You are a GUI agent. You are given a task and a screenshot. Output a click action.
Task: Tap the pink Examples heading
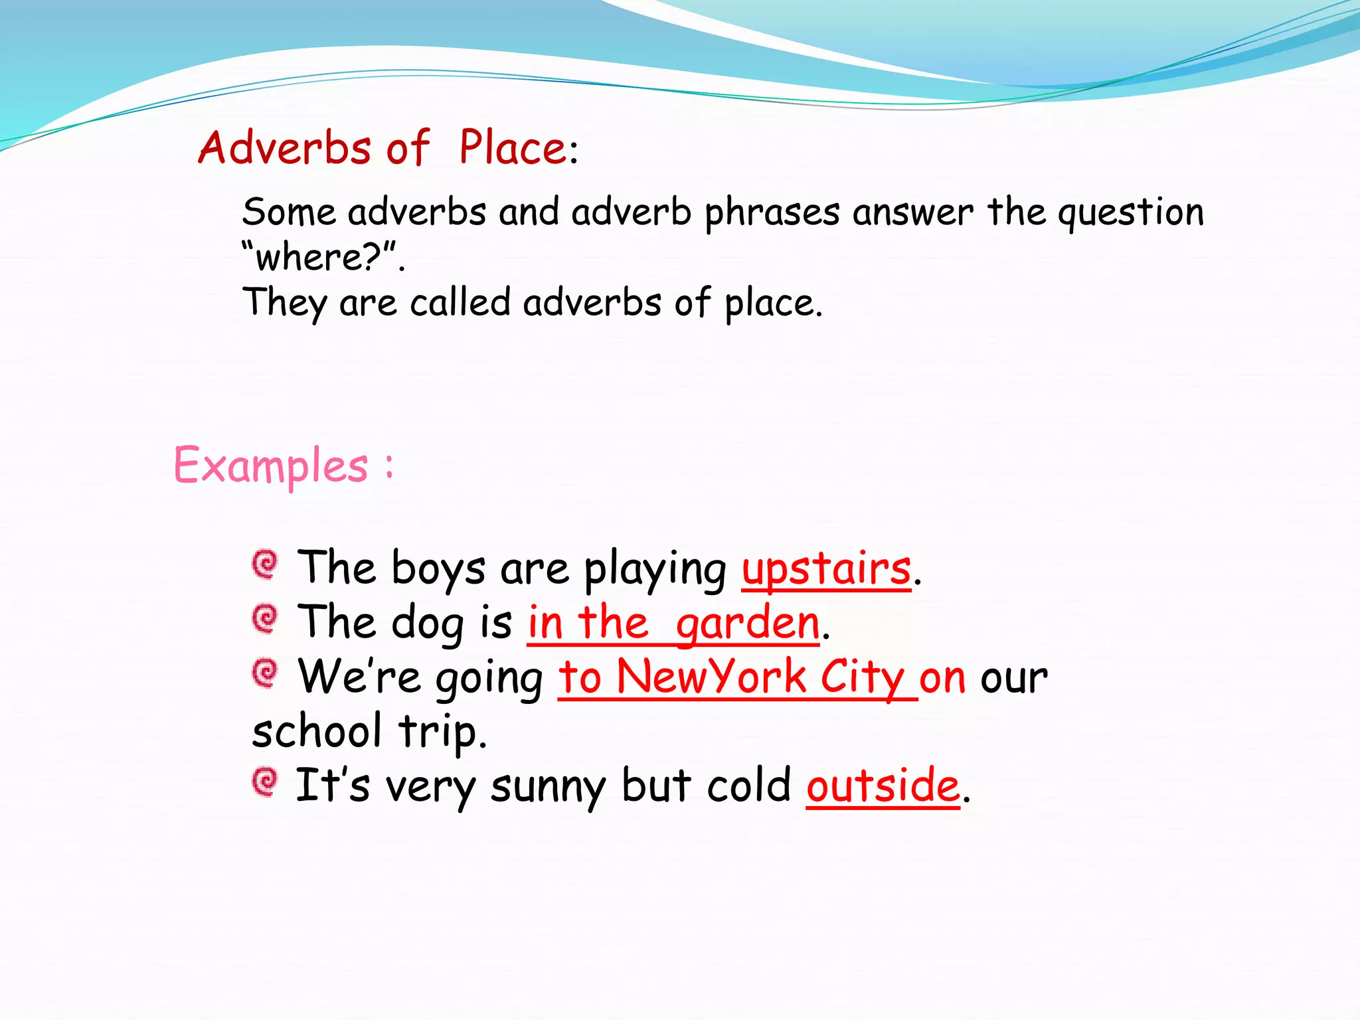click(270, 466)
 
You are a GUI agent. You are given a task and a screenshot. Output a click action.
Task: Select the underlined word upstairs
click(826, 570)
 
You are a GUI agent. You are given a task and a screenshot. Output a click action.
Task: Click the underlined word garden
click(747, 624)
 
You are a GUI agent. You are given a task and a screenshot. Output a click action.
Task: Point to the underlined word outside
click(883, 786)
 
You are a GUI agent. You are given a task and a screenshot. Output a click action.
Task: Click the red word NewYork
click(711, 677)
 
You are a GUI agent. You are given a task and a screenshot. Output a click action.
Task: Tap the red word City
click(861, 679)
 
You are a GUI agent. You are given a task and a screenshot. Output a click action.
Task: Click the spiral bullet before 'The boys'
click(265, 564)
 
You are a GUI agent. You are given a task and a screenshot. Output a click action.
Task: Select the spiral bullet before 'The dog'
click(265, 619)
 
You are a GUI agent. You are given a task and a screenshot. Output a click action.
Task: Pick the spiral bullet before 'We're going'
click(265, 673)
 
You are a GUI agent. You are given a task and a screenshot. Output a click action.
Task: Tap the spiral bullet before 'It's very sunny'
click(265, 782)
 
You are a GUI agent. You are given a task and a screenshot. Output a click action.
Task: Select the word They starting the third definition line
click(284, 303)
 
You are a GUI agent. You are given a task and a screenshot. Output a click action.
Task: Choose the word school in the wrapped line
click(317, 731)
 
